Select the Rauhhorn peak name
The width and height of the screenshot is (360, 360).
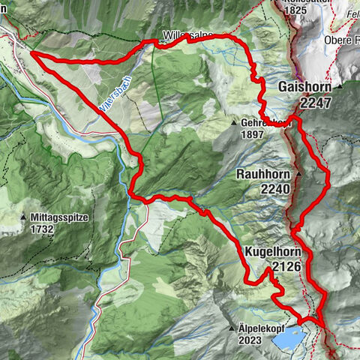click(262, 174)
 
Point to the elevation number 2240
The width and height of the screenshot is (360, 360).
click(275, 190)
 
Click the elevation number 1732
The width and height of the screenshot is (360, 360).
click(44, 229)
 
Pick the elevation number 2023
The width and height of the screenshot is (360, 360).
click(250, 340)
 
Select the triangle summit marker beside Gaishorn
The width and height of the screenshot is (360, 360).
click(339, 88)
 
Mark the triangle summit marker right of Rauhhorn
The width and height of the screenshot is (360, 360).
click(298, 174)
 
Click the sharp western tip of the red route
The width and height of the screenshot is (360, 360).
click(31, 53)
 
